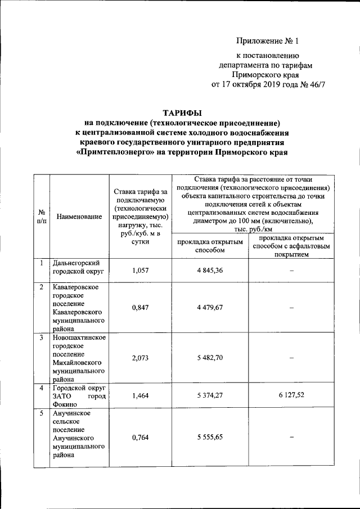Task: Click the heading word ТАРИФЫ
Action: [181, 112]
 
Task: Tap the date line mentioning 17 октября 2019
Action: [268, 84]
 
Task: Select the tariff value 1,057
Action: [139, 271]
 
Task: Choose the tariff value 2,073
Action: [139, 358]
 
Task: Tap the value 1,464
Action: [139, 396]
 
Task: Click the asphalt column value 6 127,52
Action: [290, 396]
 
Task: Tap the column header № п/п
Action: [42, 217]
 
